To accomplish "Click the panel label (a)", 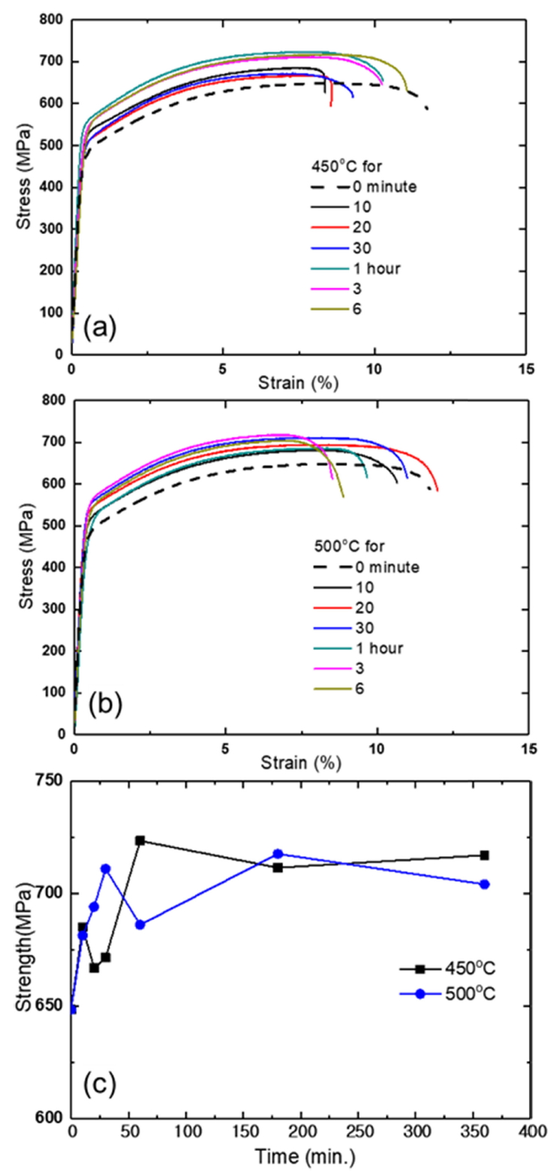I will tap(99, 327).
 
